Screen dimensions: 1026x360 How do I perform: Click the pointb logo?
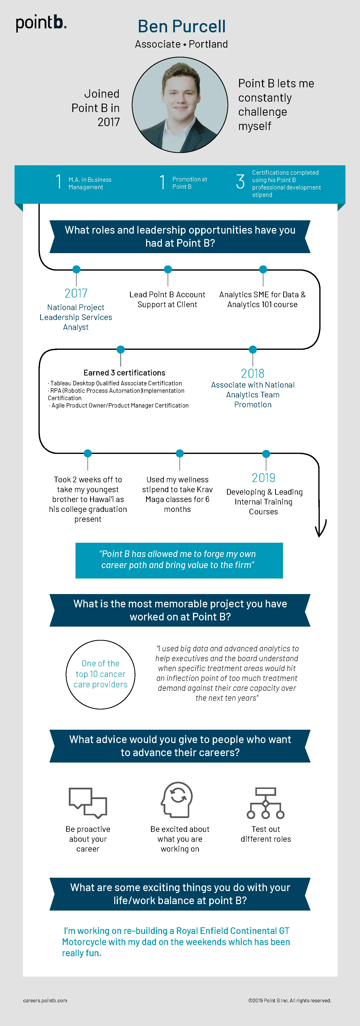coord(41,23)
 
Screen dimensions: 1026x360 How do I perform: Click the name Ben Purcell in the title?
coord(182,27)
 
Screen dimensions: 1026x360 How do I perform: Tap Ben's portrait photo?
coord(180,105)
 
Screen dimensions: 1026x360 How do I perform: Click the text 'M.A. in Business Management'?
coord(90,184)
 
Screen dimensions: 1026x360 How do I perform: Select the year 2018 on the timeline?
coord(252,373)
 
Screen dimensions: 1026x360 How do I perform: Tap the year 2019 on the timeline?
coord(263,478)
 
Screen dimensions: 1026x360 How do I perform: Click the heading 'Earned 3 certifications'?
coord(124,373)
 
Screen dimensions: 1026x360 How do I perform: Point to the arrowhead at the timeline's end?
coord(320,530)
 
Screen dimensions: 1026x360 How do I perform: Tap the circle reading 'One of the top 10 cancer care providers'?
coord(100,674)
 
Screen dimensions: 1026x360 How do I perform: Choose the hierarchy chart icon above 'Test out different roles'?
coord(265,803)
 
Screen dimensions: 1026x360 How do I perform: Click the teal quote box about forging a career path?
coord(179,560)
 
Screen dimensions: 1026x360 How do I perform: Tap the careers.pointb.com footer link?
coord(45,1001)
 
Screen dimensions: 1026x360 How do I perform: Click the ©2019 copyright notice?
coord(289,1001)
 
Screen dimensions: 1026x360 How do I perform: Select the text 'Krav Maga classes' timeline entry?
coord(177,494)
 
